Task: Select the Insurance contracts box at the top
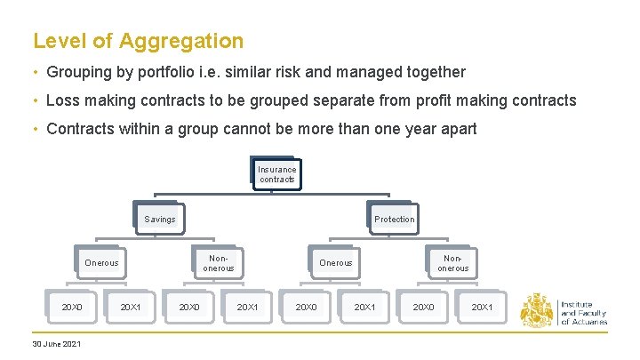click(277, 174)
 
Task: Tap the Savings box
click(160, 219)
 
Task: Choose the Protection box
click(394, 219)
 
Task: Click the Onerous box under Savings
click(101, 262)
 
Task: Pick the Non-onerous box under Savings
click(219, 262)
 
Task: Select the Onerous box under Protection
click(336, 262)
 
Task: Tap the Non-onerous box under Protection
click(452, 262)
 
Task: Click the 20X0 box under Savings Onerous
click(72, 307)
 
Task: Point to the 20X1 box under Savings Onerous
click(131, 307)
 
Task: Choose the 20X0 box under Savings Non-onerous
click(189, 307)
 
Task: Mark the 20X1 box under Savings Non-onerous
click(247, 307)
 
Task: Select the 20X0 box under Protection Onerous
click(307, 307)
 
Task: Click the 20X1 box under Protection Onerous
click(364, 307)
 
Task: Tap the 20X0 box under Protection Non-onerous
click(423, 307)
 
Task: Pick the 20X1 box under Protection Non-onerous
click(482, 307)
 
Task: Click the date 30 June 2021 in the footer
click(56, 343)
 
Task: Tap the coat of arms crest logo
click(537, 310)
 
